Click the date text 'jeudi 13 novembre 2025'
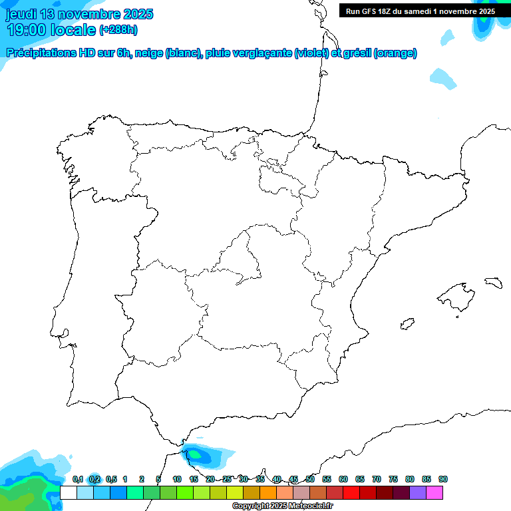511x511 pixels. point(80,14)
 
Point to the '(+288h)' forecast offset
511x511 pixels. point(118,30)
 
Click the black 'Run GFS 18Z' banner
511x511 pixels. point(420,11)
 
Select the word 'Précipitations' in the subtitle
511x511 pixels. point(40,53)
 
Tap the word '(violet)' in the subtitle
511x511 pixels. point(311,53)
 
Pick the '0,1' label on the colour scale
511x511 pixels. point(78,480)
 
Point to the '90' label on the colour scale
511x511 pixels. point(443,480)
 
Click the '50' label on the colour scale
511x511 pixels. point(310,480)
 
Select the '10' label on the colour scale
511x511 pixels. point(177,480)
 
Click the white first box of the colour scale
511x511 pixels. point(68,492)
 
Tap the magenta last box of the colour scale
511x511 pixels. point(434,492)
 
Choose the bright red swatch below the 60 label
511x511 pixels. point(351,492)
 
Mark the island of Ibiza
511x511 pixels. point(407,325)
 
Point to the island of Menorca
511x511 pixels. point(493,282)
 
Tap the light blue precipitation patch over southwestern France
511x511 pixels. point(443,77)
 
